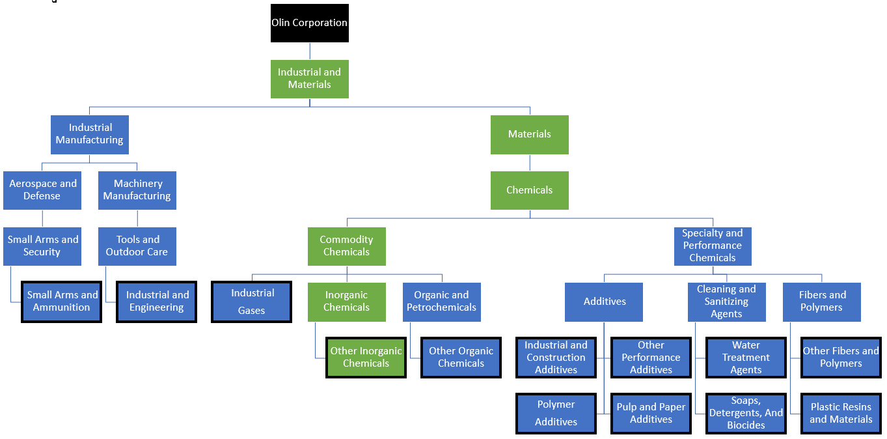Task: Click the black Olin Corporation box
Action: pyautogui.click(x=309, y=23)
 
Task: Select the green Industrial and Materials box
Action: pyautogui.click(x=309, y=79)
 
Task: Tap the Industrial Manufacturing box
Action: pyautogui.click(x=90, y=134)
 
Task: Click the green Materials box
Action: pyautogui.click(x=529, y=135)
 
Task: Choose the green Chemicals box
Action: pyautogui.click(x=529, y=190)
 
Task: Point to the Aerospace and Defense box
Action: pyautogui.click(x=42, y=190)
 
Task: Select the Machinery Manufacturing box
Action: pyautogui.click(x=137, y=190)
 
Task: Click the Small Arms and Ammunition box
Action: pyautogui.click(x=62, y=302)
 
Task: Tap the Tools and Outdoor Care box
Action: pyautogui.click(x=137, y=246)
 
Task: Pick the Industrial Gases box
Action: pyautogui.click(x=252, y=302)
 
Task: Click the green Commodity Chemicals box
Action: pyautogui.click(x=346, y=246)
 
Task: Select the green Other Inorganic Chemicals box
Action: pyautogui.click(x=366, y=358)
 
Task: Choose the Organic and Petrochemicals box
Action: pyautogui.click(x=441, y=302)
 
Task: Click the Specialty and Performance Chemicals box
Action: pyautogui.click(x=713, y=246)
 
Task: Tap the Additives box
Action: pyautogui.click(x=604, y=302)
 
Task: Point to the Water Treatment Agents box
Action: pyautogui.click(x=746, y=358)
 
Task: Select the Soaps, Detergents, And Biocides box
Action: pyautogui.click(x=746, y=413)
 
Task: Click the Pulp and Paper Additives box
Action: pyautogui.click(x=651, y=413)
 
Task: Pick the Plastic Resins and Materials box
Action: pyautogui.click(x=841, y=413)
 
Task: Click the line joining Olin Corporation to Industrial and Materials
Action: pyautogui.click(x=310, y=51)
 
